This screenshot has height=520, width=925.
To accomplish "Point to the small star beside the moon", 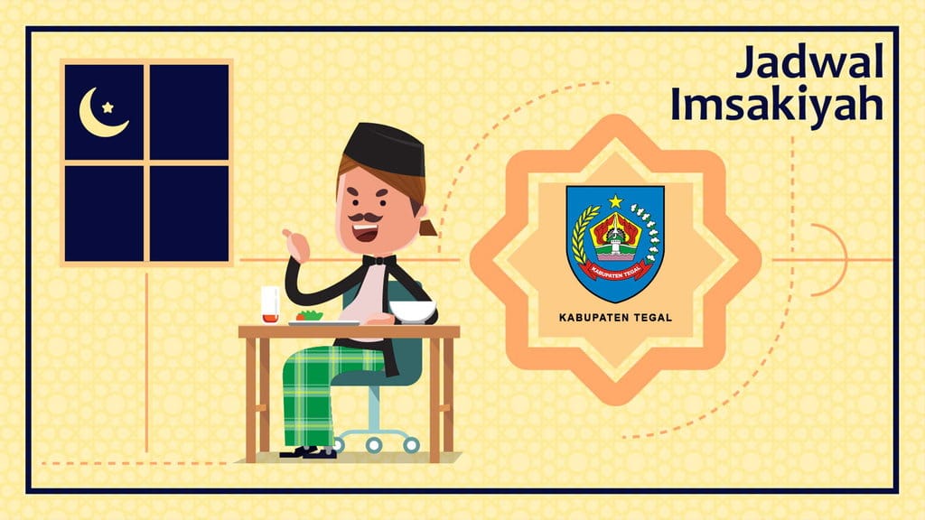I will pos(108,107).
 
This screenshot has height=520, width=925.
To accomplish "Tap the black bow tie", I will pos(379,260).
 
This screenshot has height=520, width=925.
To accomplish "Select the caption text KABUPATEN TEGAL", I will pos(615,318).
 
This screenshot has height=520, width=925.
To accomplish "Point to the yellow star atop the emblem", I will pos(615,200).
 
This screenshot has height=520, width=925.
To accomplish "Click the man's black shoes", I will pos(307,450).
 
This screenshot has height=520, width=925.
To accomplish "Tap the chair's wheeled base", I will pos(375,441).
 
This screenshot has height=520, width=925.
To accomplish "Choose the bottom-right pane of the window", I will pos(188,213).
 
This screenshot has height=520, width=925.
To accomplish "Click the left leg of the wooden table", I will pos(252,397).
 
